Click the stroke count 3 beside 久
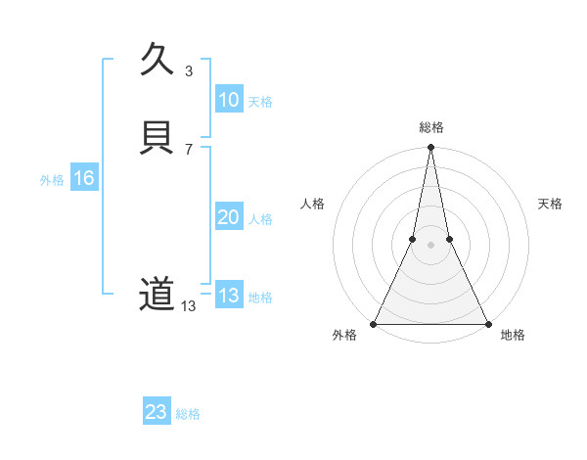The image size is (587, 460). coord(189,70)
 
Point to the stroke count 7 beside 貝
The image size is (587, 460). coord(189,149)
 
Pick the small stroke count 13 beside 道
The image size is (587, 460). coord(189,306)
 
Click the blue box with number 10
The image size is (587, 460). coord(228,100)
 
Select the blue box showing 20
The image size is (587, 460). coord(228,217)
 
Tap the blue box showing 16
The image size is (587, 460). coord(83,178)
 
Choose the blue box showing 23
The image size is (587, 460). coord(156,412)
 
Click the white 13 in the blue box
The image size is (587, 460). coord(228,296)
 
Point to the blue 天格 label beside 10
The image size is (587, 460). coord(260,102)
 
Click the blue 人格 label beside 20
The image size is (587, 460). coord(260,219)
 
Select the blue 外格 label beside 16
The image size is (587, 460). coord(52,180)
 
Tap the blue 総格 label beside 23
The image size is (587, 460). coord(188,414)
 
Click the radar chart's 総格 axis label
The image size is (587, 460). coord(430,127)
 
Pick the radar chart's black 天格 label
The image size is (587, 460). coord(551,204)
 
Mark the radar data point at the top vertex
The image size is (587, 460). coord(430,148)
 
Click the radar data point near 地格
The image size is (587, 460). coord(487,323)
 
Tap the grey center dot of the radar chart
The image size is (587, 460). coord(430,245)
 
